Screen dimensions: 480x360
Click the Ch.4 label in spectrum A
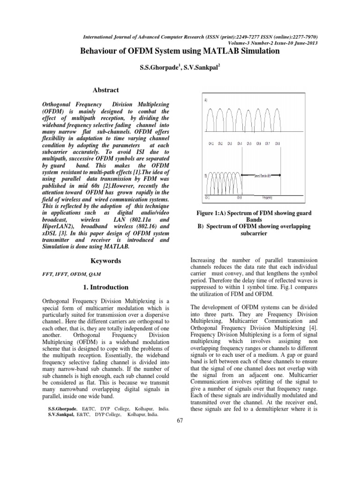tap(240, 143)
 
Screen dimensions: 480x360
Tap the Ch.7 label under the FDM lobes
tap(268, 143)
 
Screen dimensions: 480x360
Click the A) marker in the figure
tap(206, 100)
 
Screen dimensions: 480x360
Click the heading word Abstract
tap(105, 90)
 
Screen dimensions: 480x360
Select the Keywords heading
tap(105, 261)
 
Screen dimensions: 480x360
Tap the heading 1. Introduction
tap(106, 287)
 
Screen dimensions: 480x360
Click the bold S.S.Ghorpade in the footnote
tap(60, 409)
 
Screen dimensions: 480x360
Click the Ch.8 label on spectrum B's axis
tap(240, 197)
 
